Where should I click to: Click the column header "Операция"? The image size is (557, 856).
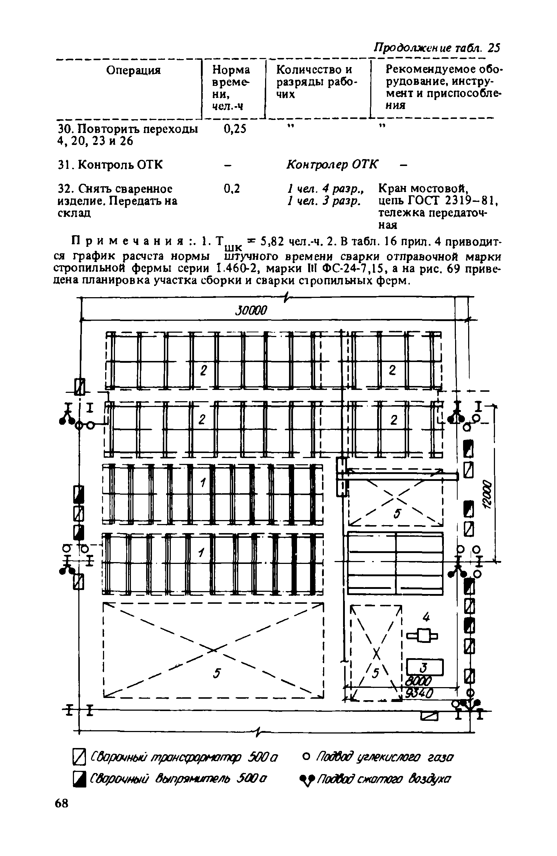click(133, 70)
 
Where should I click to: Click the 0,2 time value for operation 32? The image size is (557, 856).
click(232, 189)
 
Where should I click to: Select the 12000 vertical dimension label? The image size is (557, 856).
click(486, 495)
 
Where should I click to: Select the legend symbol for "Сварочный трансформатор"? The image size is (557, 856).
click(79, 757)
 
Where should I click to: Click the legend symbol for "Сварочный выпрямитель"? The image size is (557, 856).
click(79, 778)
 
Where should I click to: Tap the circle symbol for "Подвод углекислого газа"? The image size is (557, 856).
click(305, 757)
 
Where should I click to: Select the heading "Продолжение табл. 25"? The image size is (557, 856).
click(437, 47)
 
